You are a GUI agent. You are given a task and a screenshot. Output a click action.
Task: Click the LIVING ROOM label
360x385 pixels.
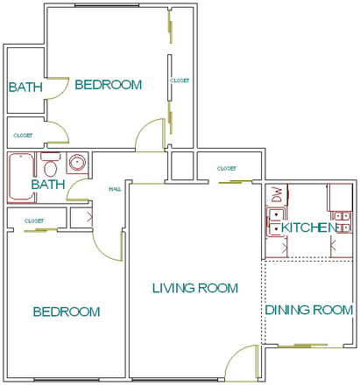pyautogui.click(x=194, y=288)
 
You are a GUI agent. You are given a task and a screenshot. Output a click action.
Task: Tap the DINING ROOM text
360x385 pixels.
pyautogui.click(x=309, y=310)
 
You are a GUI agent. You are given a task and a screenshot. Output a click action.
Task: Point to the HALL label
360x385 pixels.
pyautogui.click(x=114, y=189)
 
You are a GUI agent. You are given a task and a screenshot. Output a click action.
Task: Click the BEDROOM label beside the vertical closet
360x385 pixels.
pyautogui.click(x=108, y=85)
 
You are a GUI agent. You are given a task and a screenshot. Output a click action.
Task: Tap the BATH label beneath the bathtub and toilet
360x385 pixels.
pyautogui.click(x=47, y=185)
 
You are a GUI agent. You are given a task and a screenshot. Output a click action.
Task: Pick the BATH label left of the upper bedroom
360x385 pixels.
pyautogui.click(x=24, y=87)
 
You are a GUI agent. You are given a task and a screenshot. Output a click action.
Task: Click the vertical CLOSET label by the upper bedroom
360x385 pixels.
pyautogui.click(x=180, y=80)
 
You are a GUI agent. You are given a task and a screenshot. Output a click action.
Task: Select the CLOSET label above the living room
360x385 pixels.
pyautogui.click(x=226, y=168)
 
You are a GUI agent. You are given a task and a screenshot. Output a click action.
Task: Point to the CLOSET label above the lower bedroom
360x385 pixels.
pyautogui.click(x=34, y=220)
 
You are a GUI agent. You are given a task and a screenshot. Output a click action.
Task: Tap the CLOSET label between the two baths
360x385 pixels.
pyautogui.click(x=23, y=136)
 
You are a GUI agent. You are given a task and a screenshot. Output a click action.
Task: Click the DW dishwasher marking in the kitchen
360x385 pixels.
pyautogui.click(x=277, y=194)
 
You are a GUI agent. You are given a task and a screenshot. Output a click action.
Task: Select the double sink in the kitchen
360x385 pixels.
pyautogui.click(x=340, y=215)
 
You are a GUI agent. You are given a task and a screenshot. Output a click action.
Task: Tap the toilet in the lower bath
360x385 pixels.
pyautogui.click(x=50, y=165)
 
